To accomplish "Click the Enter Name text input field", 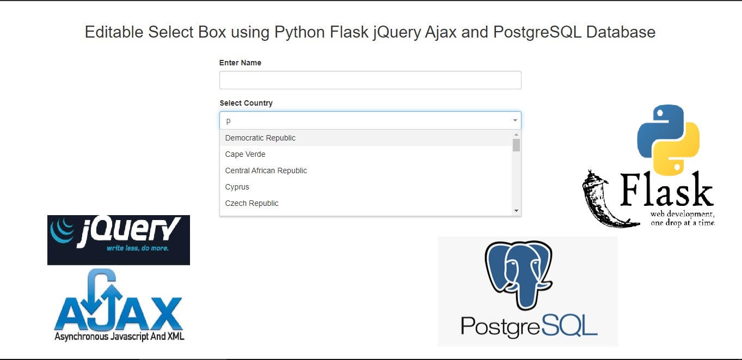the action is click(370, 80).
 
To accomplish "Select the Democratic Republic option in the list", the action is click(260, 138).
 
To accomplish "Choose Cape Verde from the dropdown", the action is click(246, 154).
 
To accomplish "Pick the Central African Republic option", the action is click(266, 170).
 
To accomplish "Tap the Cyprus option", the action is click(237, 187).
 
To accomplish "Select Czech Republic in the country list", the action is click(252, 203).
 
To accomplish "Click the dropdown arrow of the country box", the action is click(515, 120).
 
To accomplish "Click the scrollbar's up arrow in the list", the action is click(516, 135).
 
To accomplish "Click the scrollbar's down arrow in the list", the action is click(516, 211).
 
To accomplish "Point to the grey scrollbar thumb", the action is click(516, 145).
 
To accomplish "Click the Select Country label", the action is click(246, 103).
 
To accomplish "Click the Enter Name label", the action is click(240, 63).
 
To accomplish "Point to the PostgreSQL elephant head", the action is click(519, 272).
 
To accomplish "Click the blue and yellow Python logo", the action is click(668, 139).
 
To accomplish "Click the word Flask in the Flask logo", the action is click(667, 191).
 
